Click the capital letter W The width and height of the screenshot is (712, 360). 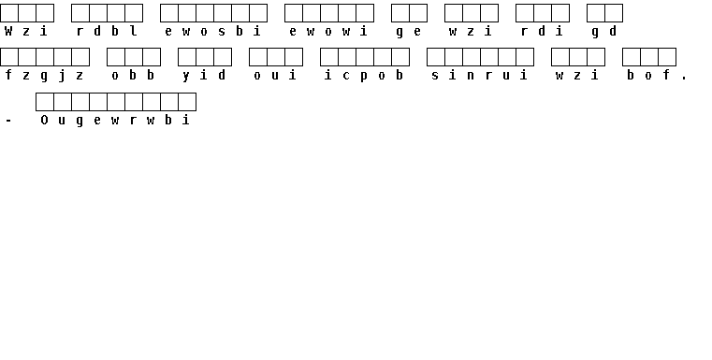[8, 31]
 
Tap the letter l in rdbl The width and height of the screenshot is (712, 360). [133, 31]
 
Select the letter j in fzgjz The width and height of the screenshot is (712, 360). [62, 76]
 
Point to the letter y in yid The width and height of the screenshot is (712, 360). [186, 76]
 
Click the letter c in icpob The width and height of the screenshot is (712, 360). [346, 76]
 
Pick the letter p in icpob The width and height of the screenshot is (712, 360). [364, 77]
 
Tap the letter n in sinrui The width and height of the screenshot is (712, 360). [471, 76]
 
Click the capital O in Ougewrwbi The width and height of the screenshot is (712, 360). [44, 120]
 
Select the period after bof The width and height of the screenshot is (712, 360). [684, 79]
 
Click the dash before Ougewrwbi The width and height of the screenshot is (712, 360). [8, 121]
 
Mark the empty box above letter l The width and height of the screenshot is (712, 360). [134, 13]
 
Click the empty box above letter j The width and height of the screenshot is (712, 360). [63, 57]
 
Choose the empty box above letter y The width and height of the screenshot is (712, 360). [187, 57]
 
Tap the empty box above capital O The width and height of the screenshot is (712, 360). [45, 102]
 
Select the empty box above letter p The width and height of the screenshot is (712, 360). [365, 57]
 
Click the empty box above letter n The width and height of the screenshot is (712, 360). [472, 57]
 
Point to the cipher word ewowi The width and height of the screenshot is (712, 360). [327, 31]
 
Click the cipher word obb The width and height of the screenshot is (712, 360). [133, 76]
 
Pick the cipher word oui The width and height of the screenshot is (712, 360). [275, 76]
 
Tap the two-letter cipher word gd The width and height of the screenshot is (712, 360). [603, 32]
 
